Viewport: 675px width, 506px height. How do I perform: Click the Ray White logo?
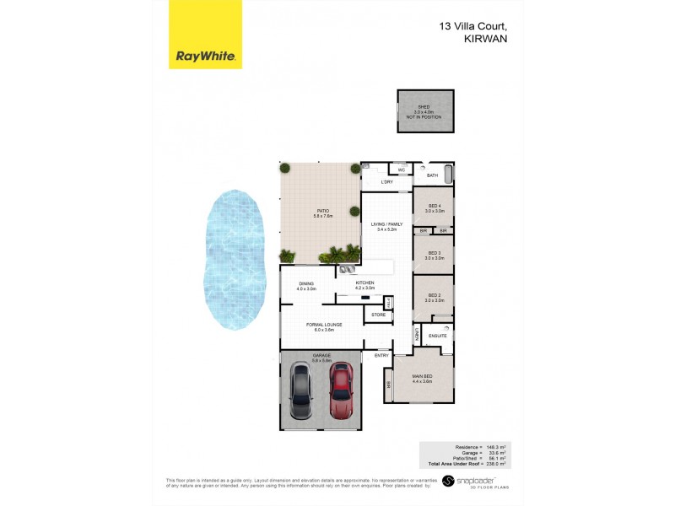[x=205, y=35]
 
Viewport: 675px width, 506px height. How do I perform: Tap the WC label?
[x=402, y=170]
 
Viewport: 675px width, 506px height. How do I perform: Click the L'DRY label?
[x=387, y=182]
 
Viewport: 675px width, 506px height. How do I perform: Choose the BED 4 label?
[x=435, y=206]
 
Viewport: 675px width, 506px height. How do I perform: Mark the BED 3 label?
[x=435, y=252]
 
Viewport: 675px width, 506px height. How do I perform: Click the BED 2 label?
[x=435, y=295]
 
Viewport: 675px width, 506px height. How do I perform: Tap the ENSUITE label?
[x=438, y=335]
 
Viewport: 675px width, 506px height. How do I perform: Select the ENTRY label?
[x=382, y=355]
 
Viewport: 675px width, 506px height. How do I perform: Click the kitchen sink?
[x=347, y=270]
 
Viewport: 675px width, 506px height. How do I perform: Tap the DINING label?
[x=305, y=284]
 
